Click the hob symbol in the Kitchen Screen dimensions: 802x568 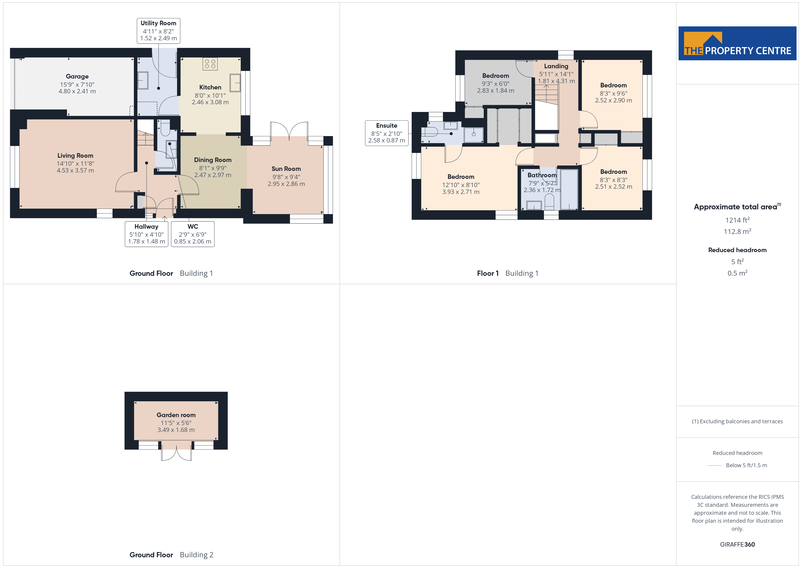coord(210,64)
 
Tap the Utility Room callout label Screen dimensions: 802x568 coord(159,31)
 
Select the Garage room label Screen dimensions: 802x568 coord(77,76)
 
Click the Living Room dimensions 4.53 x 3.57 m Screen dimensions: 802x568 coord(75,170)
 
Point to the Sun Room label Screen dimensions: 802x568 coord(286,169)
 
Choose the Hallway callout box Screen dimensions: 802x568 coord(146,234)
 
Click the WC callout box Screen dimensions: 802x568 coord(193,234)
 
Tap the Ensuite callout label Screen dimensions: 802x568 coord(387,133)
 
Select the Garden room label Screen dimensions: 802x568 coord(176,415)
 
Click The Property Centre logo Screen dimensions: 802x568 coord(737,43)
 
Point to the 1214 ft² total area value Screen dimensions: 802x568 coord(737,220)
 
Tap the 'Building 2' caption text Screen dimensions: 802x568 coord(196,555)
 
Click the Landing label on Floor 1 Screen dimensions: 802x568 coord(556,66)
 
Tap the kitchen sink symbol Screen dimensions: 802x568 coord(235,83)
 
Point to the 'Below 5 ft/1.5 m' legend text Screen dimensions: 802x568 coord(747,465)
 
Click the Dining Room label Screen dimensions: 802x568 coord(213,160)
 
